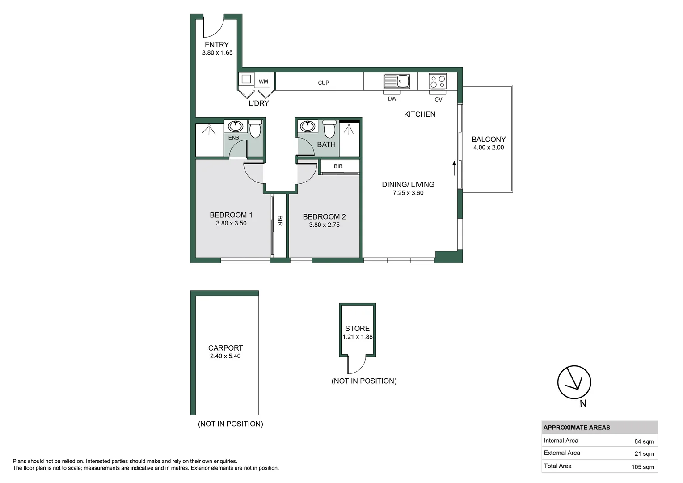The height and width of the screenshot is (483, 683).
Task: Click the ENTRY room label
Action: (217, 45)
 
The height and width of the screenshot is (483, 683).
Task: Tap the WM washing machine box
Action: (263, 81)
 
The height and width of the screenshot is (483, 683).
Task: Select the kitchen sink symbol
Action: (397, 81)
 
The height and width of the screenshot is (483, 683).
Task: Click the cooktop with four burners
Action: (438, 81)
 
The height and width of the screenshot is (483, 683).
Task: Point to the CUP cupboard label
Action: (324, 83)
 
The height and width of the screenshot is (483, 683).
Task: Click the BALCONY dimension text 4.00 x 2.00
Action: (489, 148)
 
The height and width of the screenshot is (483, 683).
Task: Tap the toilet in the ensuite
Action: (255, 129)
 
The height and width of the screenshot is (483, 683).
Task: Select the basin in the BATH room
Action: (307, 126)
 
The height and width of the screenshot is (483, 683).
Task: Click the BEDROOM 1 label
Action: (231, 215)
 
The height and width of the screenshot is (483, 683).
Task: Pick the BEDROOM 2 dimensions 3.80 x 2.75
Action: (325, 225)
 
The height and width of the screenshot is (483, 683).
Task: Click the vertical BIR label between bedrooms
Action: (280, 220)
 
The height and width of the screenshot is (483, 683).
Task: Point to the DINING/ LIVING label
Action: (408, 185)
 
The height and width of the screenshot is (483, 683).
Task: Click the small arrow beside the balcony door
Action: (454, 168)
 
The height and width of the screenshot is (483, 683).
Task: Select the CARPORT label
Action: (226, 348)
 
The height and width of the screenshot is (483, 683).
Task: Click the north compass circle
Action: (574, 382)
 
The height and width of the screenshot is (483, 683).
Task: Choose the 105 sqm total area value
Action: (642, 467)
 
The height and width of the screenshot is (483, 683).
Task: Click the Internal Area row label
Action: (561, 441)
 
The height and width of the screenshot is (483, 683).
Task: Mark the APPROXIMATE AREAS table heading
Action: (577, 428)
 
